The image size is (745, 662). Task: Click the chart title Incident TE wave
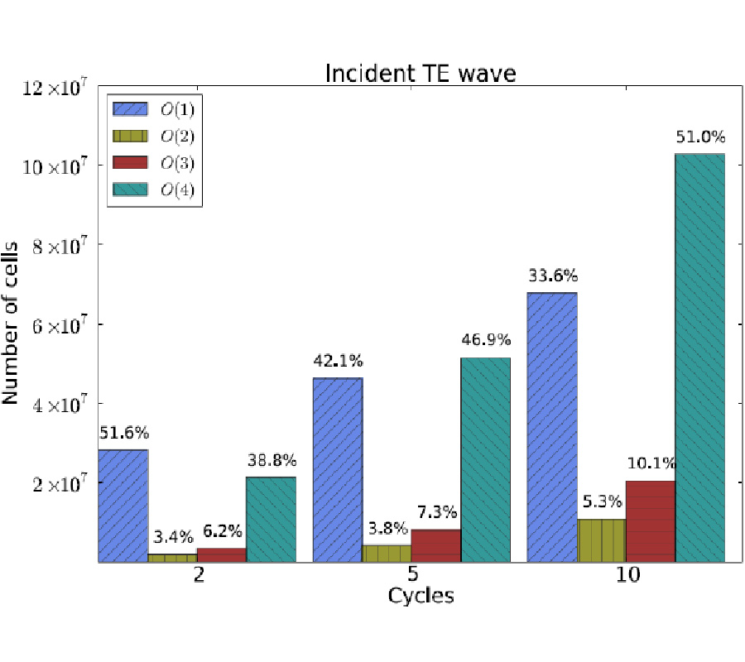coord(420,74)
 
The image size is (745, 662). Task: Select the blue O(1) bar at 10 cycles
coord(552,427)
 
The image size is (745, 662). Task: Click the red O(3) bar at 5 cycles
coord(436,545)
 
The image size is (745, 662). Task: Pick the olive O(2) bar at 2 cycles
coord(172,558)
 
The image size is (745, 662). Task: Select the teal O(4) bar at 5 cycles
coord(486,459)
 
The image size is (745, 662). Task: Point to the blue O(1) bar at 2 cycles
coord(123,506)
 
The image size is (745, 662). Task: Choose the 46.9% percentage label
coord(486,340)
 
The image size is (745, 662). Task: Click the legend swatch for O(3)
coord(128,162)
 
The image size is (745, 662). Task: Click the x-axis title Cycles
coord(421,596)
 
